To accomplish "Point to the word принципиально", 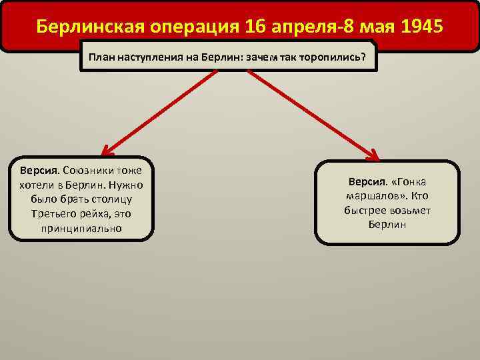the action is pyautogui.click(x=81, y=228).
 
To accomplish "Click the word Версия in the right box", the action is pyautogui.click(x=366, y=182).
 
